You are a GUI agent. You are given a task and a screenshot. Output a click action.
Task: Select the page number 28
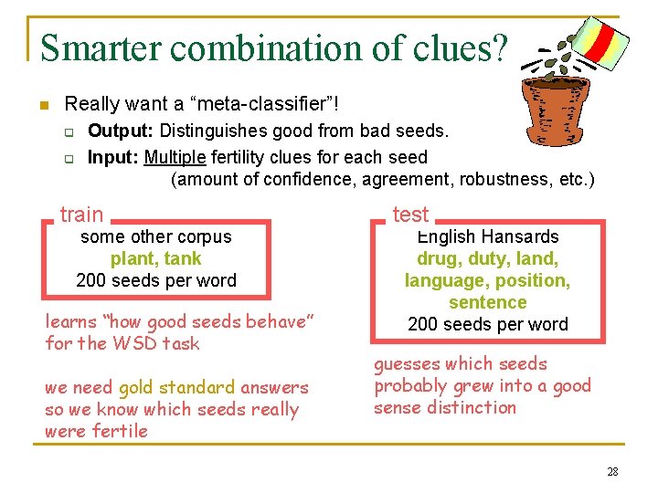(x=611, y=472)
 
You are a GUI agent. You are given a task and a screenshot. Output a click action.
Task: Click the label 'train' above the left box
(x=81, y=215)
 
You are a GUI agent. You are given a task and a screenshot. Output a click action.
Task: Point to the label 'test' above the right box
(x=410, y=215)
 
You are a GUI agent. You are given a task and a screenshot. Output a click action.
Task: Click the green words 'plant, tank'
(x=156, y=258)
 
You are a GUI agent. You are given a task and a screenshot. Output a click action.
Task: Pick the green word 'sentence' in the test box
(x=487, y=302)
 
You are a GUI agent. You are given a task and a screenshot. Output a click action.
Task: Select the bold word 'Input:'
(x=113, y=156)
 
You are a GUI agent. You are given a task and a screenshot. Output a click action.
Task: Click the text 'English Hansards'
(x=487, y=236)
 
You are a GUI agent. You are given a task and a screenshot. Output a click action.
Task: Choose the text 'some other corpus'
(x=156, y=236)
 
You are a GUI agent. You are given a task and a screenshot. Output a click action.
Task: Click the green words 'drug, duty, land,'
(x=487, y=258)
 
